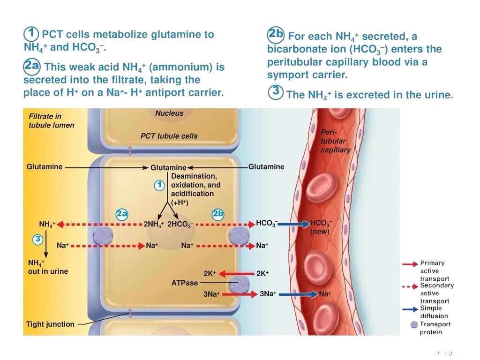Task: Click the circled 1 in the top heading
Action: click(31, 34)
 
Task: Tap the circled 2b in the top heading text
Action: click(276, 34)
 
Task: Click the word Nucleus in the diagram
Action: click(169, 113)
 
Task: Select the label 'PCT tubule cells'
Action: click(169, 136)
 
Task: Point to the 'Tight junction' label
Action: click(50, 324)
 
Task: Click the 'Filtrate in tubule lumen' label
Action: click(52, 120)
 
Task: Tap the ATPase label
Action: click(185, 283)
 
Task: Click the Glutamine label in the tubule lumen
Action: click(45, 167)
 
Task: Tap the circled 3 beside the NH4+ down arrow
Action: click(37, 239)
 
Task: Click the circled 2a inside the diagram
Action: click(122, 214)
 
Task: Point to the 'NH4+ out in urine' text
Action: click(48, 267)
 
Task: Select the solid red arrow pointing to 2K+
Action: click(237, 273)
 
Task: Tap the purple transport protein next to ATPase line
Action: click(240, 284)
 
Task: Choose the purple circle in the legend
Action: click(414, 325)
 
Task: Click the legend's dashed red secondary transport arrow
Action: click(410, 287)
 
